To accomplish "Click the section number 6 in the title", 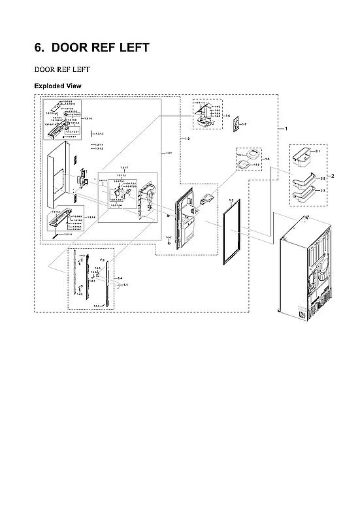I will pyautogui.click(x=38, y=48).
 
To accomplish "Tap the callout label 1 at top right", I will pyautogui.click(x=286, y=129).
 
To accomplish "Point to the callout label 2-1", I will pyautogui.click(x=318, y=152).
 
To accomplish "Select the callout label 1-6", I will pyautogui.click(x=227, y=115).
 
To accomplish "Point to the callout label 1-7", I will pyautogui.click(x=244, y=123).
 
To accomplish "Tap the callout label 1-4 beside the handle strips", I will pyautogui.click(x=119, y=279).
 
